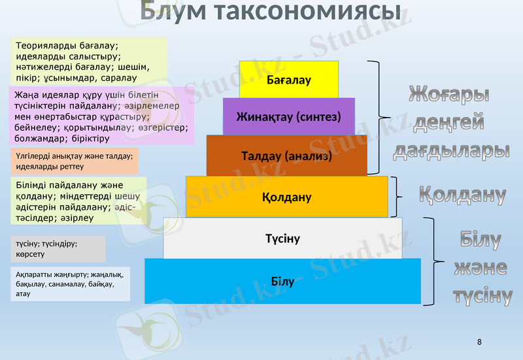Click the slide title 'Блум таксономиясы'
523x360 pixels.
[x=270, y=11]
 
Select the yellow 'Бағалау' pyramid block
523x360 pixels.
[x=288, y=80]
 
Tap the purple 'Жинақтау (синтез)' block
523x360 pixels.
[x=288, y=117]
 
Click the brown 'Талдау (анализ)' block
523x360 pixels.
[x=286, y=156]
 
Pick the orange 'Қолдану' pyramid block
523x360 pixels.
[x=286, y=197]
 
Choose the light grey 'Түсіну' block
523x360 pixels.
[x=282, y=238]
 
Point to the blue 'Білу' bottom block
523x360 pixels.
[x=282, y=282]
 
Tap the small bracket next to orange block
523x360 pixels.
[x=400, y=197]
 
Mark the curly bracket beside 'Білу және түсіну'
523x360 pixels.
[x=430, y=261]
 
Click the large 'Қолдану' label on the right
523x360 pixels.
[x=462, y=194]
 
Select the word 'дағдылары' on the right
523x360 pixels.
[x=451, y=150]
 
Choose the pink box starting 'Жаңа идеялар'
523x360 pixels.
[x=101, y=116]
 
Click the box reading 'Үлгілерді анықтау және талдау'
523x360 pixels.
[x=74, y=161]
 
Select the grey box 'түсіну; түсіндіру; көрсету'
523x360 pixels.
[x=58, y=249]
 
